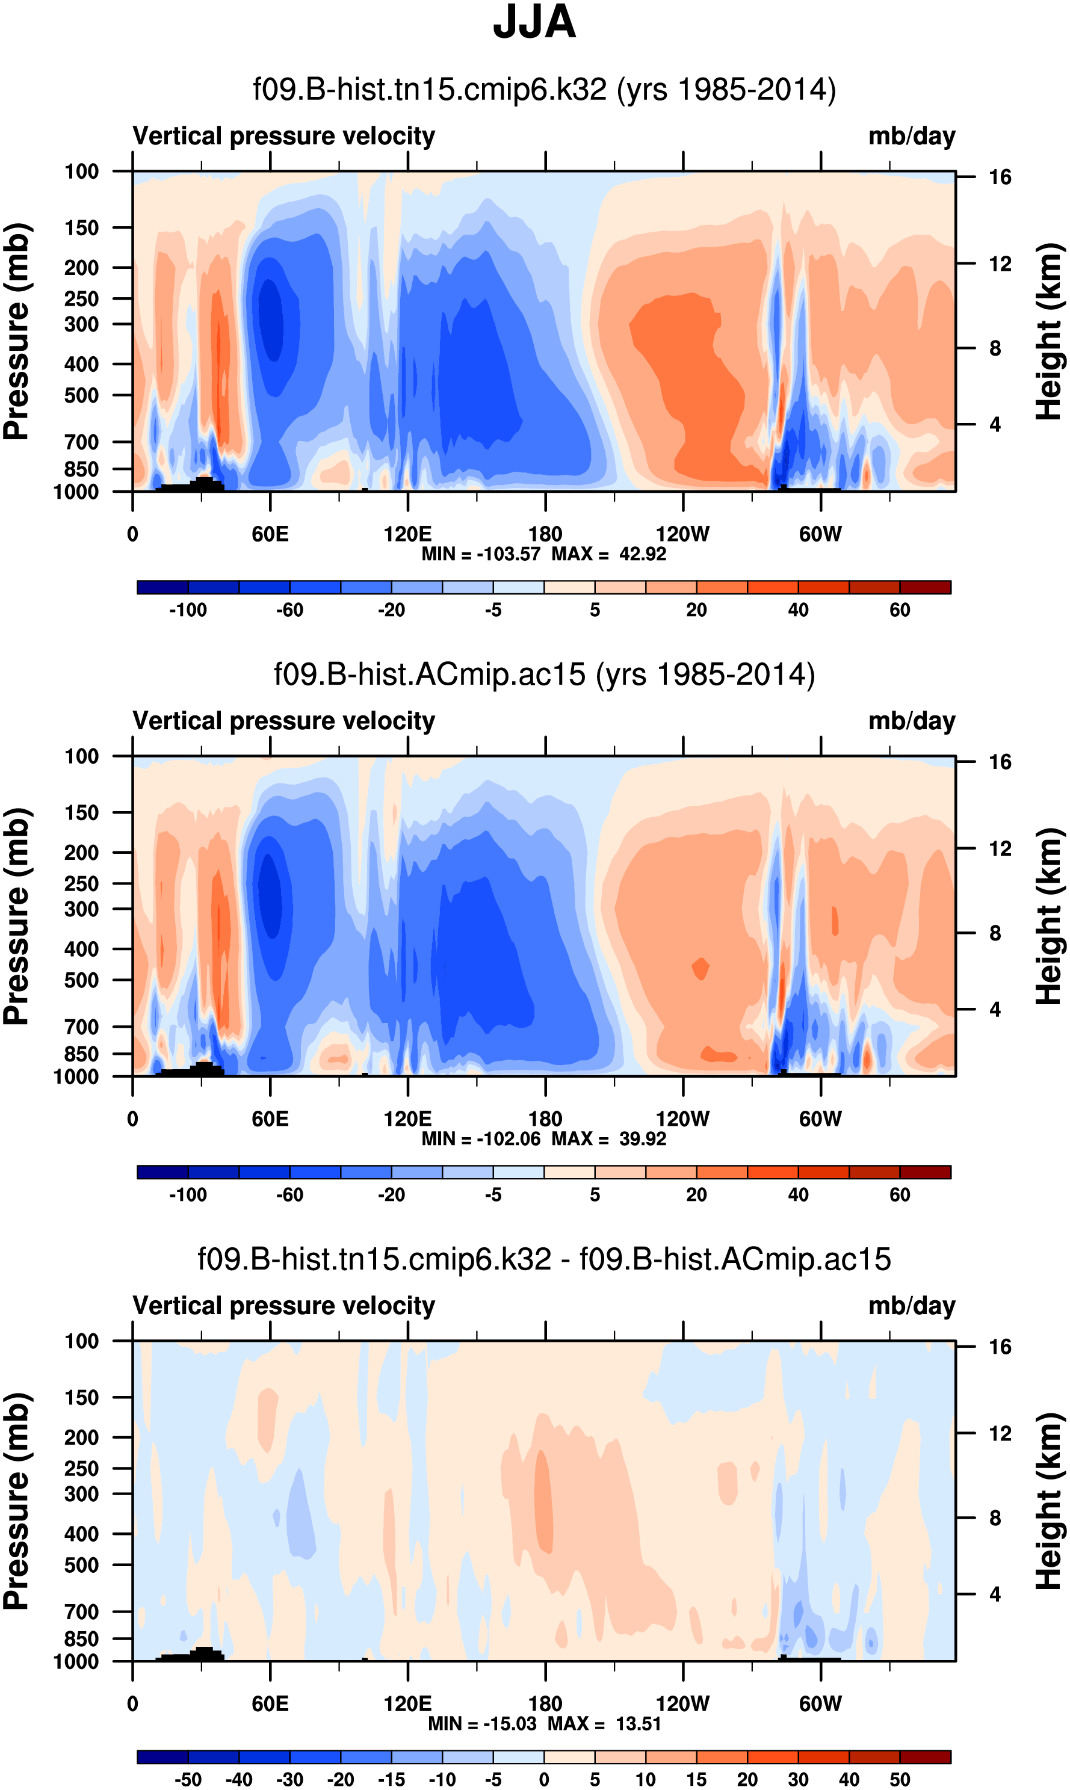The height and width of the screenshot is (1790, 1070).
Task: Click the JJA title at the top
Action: point(534,22)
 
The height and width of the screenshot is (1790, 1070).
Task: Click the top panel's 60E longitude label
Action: point(270,534)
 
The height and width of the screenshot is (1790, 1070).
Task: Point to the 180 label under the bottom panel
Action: point(545,1703)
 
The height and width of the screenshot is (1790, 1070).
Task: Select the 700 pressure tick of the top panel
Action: point(81,442)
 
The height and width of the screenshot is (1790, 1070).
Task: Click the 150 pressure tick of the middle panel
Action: point(81,812)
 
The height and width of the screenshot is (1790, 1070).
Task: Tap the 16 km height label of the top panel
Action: point(1000,177)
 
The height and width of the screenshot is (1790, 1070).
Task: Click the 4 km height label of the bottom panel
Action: point(995,1594)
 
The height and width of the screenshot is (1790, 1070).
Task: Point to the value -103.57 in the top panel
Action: point(509,554)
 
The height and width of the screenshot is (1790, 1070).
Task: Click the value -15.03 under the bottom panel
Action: point(510,1724)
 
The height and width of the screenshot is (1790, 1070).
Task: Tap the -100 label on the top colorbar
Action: point(188,610)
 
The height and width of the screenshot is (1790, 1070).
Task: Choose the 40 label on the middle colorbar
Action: point(797,1194)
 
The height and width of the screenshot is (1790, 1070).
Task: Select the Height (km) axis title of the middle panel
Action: point(1049,916)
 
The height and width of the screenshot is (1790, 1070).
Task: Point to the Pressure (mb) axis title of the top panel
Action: point(17,332)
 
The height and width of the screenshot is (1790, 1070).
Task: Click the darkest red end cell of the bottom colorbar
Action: point(925,1757)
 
